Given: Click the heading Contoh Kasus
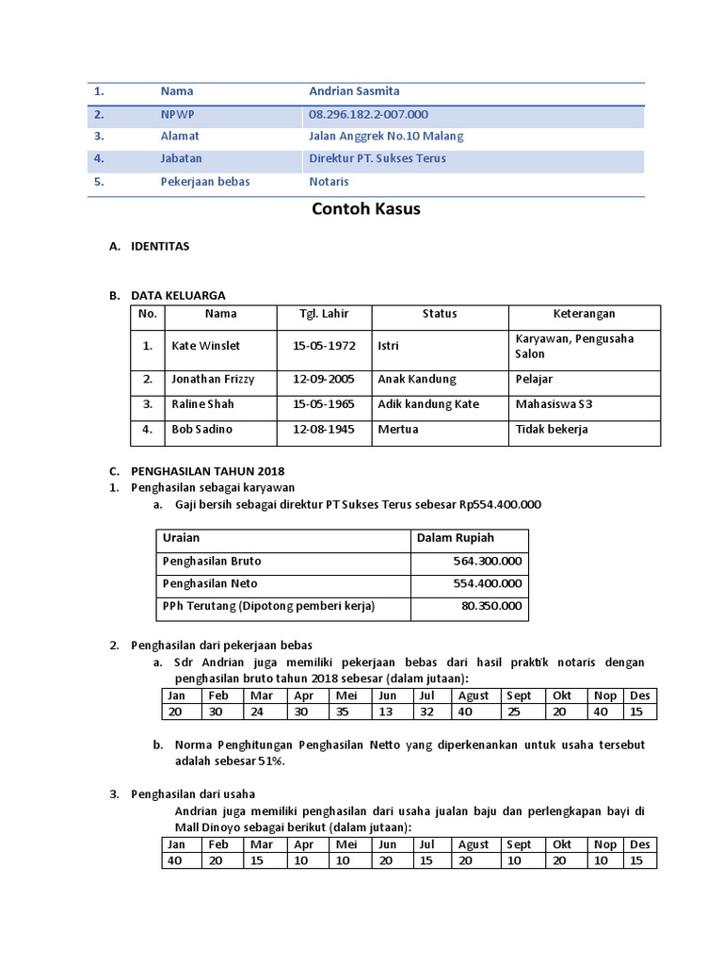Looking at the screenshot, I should click(x=365, y=209).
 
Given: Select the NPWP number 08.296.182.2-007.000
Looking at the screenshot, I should click(x=368, y=114).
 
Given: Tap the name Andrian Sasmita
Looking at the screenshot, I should click(x=354, y=91).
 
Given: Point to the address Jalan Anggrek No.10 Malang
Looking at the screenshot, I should click(x=386, y=136).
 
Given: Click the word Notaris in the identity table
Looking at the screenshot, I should click(x=329, y=181).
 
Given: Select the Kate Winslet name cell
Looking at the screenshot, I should click(x=200, y=346).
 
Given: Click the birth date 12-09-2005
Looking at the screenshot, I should click(x=324, y=379).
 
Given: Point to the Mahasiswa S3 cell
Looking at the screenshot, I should click(x=554, y=404).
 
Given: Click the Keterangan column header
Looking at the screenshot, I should click(x=584, y=314).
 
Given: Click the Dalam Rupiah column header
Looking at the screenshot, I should click(x=455, y=537).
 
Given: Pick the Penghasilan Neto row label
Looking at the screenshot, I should click(x=210, y=583).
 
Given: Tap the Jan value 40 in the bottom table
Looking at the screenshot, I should click(x=176, y=860).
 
